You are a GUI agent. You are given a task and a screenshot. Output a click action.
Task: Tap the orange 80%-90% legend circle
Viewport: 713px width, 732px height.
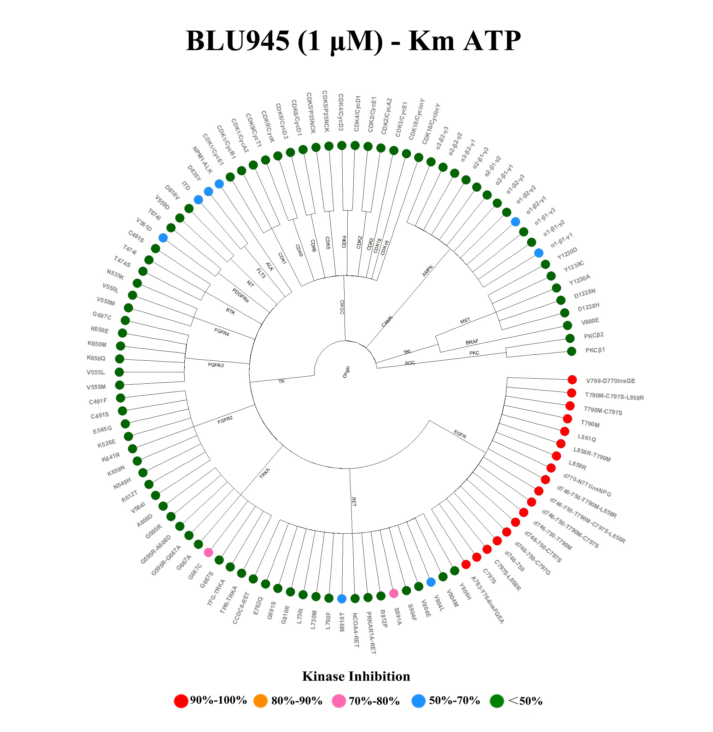(x=260, y=700)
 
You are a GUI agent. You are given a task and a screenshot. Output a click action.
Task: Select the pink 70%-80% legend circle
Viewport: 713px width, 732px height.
(x=339, y=700)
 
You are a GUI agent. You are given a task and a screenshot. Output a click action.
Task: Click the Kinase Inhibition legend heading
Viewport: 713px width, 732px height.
(x=356, y=676)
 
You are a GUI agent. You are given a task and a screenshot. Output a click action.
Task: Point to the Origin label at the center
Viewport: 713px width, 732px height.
(x=346, y=372)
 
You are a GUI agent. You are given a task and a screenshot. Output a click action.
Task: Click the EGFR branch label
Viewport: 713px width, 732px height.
(x=460, y=434)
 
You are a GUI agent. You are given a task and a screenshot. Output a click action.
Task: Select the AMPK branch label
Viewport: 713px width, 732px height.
(x=427, y=271)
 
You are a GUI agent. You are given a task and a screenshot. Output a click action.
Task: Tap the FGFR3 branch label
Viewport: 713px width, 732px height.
(x=216, y=365)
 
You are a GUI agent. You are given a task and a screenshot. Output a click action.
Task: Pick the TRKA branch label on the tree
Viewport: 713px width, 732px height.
(x=264, y=473)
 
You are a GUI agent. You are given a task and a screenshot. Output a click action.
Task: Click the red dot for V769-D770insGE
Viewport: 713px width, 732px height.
(x=572, y=380)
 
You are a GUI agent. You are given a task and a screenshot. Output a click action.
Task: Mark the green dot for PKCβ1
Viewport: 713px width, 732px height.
(x=571, y=351)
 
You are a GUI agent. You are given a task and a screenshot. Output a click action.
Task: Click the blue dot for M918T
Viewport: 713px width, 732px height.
(x=341, y=599)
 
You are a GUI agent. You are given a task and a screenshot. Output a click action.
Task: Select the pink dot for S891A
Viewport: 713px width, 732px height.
(x=394, y=593)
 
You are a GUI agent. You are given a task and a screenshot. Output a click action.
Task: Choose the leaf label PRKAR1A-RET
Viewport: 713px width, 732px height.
(x=371, y=633)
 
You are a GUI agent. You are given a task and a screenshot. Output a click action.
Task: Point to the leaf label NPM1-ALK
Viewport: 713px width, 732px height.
(x=203, y=160)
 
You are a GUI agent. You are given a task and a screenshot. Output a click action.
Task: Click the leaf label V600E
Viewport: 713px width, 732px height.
(x=590, y=321)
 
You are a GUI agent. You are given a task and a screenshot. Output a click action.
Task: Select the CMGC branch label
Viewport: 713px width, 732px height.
(x=341, y=307)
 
